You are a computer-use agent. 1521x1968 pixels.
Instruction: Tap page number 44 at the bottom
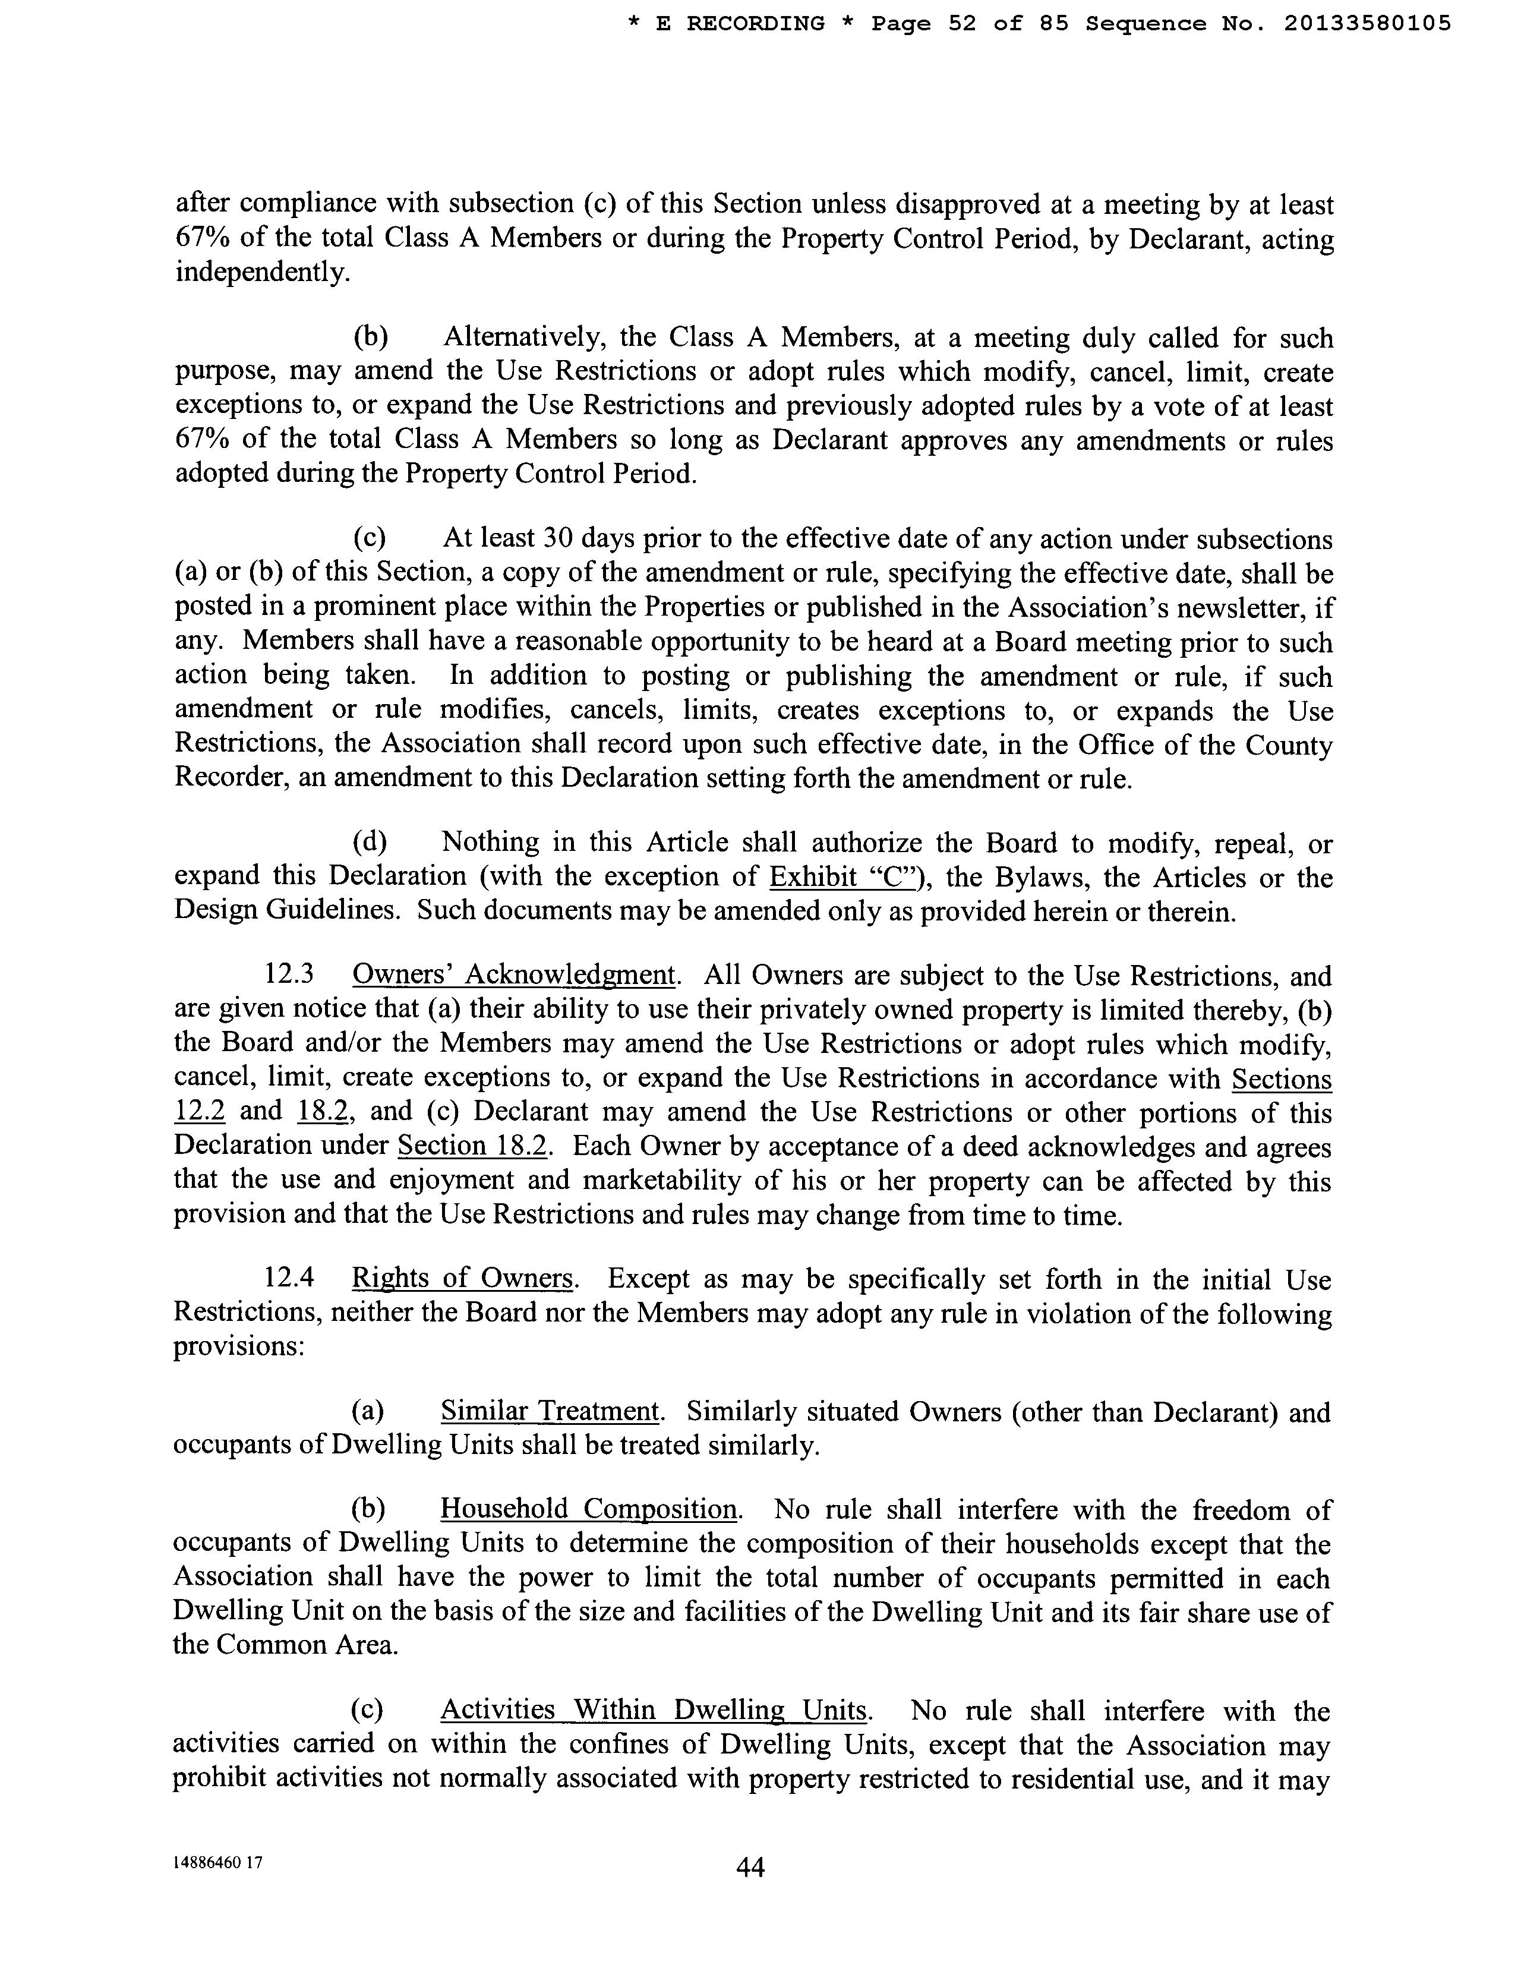point(750,1868)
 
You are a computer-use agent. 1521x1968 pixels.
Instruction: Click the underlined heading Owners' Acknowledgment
point(513,975)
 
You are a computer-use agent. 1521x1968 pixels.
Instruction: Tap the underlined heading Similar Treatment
point(550,1411)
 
